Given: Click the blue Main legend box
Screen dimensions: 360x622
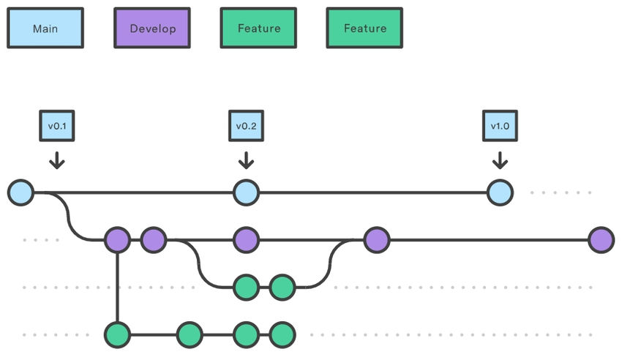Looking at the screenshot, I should click(45, 29).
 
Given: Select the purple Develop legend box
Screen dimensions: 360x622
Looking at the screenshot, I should click(151, 29).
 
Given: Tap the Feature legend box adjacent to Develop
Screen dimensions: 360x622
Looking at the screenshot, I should click(258, 29).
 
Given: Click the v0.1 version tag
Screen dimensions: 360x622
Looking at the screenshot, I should click(57, 126).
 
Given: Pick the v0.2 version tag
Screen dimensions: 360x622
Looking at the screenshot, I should click(246, 126).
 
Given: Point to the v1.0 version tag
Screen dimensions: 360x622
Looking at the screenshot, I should click(500, 126).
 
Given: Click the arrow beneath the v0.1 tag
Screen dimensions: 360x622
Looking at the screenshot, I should click(57, 160).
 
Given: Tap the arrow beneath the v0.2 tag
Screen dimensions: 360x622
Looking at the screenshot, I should click(246, 160).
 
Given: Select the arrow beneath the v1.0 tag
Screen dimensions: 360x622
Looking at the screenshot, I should click(500, 160).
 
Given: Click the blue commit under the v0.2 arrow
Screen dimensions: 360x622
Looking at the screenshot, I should click(246, 193).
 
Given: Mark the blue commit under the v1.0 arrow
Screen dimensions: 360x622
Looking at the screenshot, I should click(500, 193).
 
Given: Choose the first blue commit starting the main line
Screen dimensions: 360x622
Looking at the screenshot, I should click(20, 193).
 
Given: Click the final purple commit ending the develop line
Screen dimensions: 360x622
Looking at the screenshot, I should click(601, 239).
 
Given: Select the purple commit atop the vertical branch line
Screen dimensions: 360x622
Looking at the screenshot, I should click(117, 239).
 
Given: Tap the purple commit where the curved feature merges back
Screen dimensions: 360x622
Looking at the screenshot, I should click(377, 239).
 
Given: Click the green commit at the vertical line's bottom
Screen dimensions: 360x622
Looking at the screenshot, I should click(117, 335).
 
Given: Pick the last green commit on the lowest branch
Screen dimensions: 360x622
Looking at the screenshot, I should click(282, 335).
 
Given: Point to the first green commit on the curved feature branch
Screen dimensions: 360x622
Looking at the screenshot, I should click(246, 287).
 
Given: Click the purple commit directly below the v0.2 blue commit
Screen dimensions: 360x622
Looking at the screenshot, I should click(246, 239).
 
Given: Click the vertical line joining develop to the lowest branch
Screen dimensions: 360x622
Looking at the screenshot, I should click(117, 287).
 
